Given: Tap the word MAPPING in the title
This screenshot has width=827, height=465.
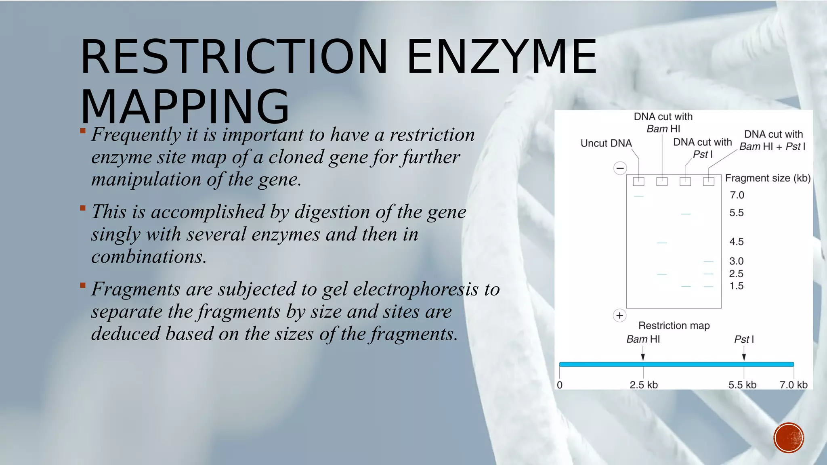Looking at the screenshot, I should point(185,107).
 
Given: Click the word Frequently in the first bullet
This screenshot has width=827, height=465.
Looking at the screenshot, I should point(136,135).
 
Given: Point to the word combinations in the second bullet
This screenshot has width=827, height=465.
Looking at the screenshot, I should point(149,257).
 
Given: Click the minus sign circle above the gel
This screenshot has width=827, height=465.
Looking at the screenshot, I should point(620,168).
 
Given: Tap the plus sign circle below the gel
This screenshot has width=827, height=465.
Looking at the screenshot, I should point(619,316).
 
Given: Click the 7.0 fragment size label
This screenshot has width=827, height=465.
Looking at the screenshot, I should point(737,195).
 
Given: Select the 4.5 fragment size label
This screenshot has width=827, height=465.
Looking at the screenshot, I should point(736,242).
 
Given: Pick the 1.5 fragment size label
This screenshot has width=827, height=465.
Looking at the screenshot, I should point(736,286).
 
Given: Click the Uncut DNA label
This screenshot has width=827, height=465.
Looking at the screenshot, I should point(606,143).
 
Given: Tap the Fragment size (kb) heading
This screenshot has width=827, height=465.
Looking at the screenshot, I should point(768,178).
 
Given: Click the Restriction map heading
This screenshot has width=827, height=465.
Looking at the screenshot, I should point(674,326).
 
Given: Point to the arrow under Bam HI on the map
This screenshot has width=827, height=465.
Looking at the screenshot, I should point(643,356).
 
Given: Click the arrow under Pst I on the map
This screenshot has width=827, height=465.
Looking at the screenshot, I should point(744,356).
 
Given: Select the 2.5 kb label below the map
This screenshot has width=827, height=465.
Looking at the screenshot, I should point(644,385).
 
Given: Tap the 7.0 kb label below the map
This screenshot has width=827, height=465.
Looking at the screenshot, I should point(793,385).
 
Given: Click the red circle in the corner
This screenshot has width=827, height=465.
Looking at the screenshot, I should point(789,438).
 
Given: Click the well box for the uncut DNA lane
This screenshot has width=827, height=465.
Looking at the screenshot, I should point(638,182).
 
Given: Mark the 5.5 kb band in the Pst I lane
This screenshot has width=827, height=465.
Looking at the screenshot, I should point(686,214).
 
